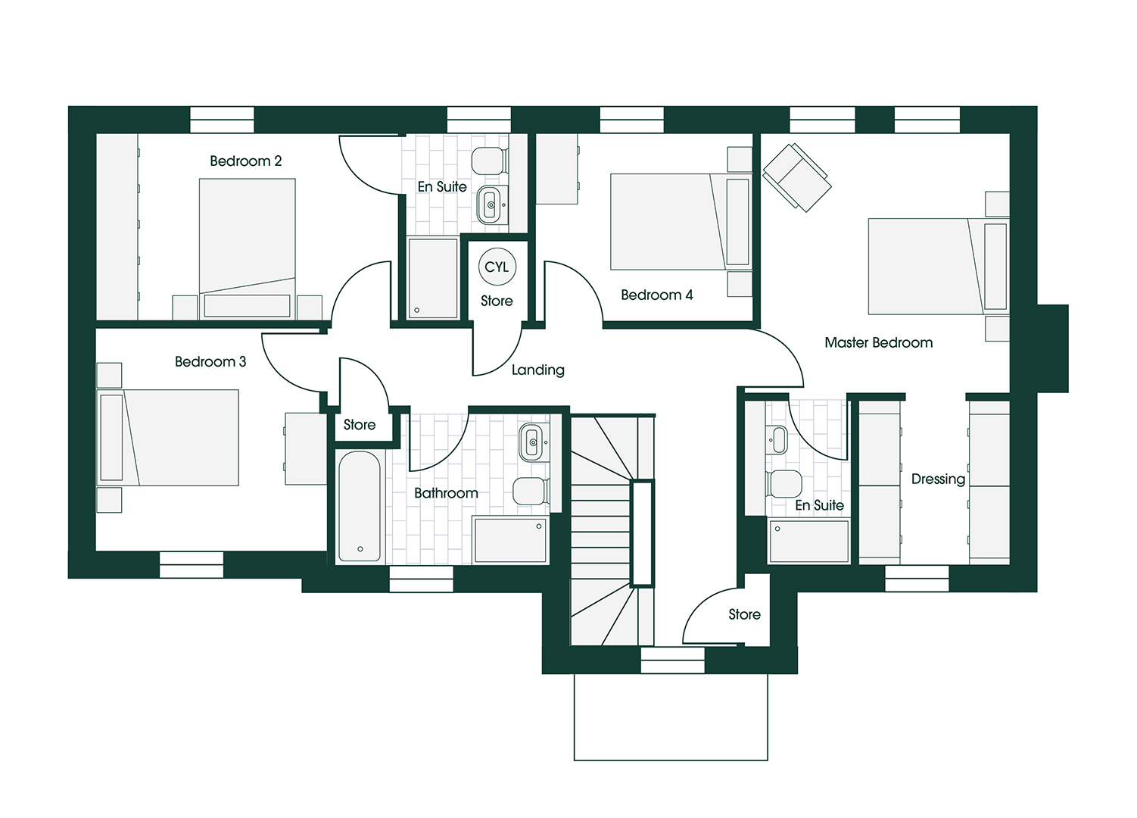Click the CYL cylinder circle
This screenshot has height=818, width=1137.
pos(497,267)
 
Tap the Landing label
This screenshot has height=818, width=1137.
pos(537,370)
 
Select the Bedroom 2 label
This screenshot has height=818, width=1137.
pos(245,161)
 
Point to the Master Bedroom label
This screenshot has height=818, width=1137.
pos(878,342)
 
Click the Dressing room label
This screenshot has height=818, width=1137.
pos(938,479)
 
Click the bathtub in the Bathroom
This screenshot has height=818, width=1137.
pos(359,507)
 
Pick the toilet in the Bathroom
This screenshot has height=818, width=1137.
pos(531,491)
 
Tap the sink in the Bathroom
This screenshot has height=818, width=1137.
pos(532,442)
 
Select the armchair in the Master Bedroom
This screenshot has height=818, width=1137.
pos(796,176)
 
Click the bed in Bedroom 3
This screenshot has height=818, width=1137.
pos(168,437)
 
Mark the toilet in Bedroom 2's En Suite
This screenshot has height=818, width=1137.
pos(488,160)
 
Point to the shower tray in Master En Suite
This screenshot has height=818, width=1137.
pos(808,541)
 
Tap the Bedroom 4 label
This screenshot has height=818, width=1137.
pos(656,295)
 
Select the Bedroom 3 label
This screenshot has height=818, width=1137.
pos(210,361)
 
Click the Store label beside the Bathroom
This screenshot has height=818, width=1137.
pos(359,425)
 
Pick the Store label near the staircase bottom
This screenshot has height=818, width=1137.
pos(744,614)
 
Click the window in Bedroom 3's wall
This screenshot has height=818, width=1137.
pos(192,564)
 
